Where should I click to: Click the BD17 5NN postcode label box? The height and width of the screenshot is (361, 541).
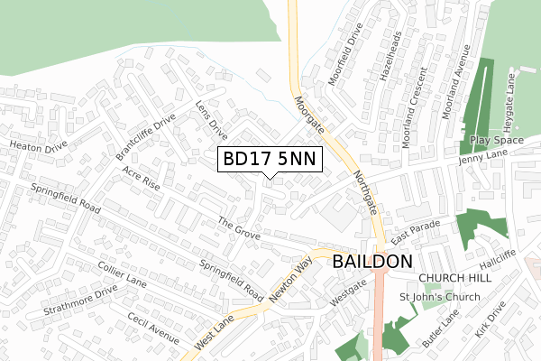coord(268,159)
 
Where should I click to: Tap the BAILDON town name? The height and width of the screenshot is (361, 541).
coord(372,262)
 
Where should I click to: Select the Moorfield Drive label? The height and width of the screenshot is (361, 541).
coord(344,62)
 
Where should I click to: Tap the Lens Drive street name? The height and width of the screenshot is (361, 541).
coord(211,119)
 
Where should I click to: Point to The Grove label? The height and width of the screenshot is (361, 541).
coord(239,228)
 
